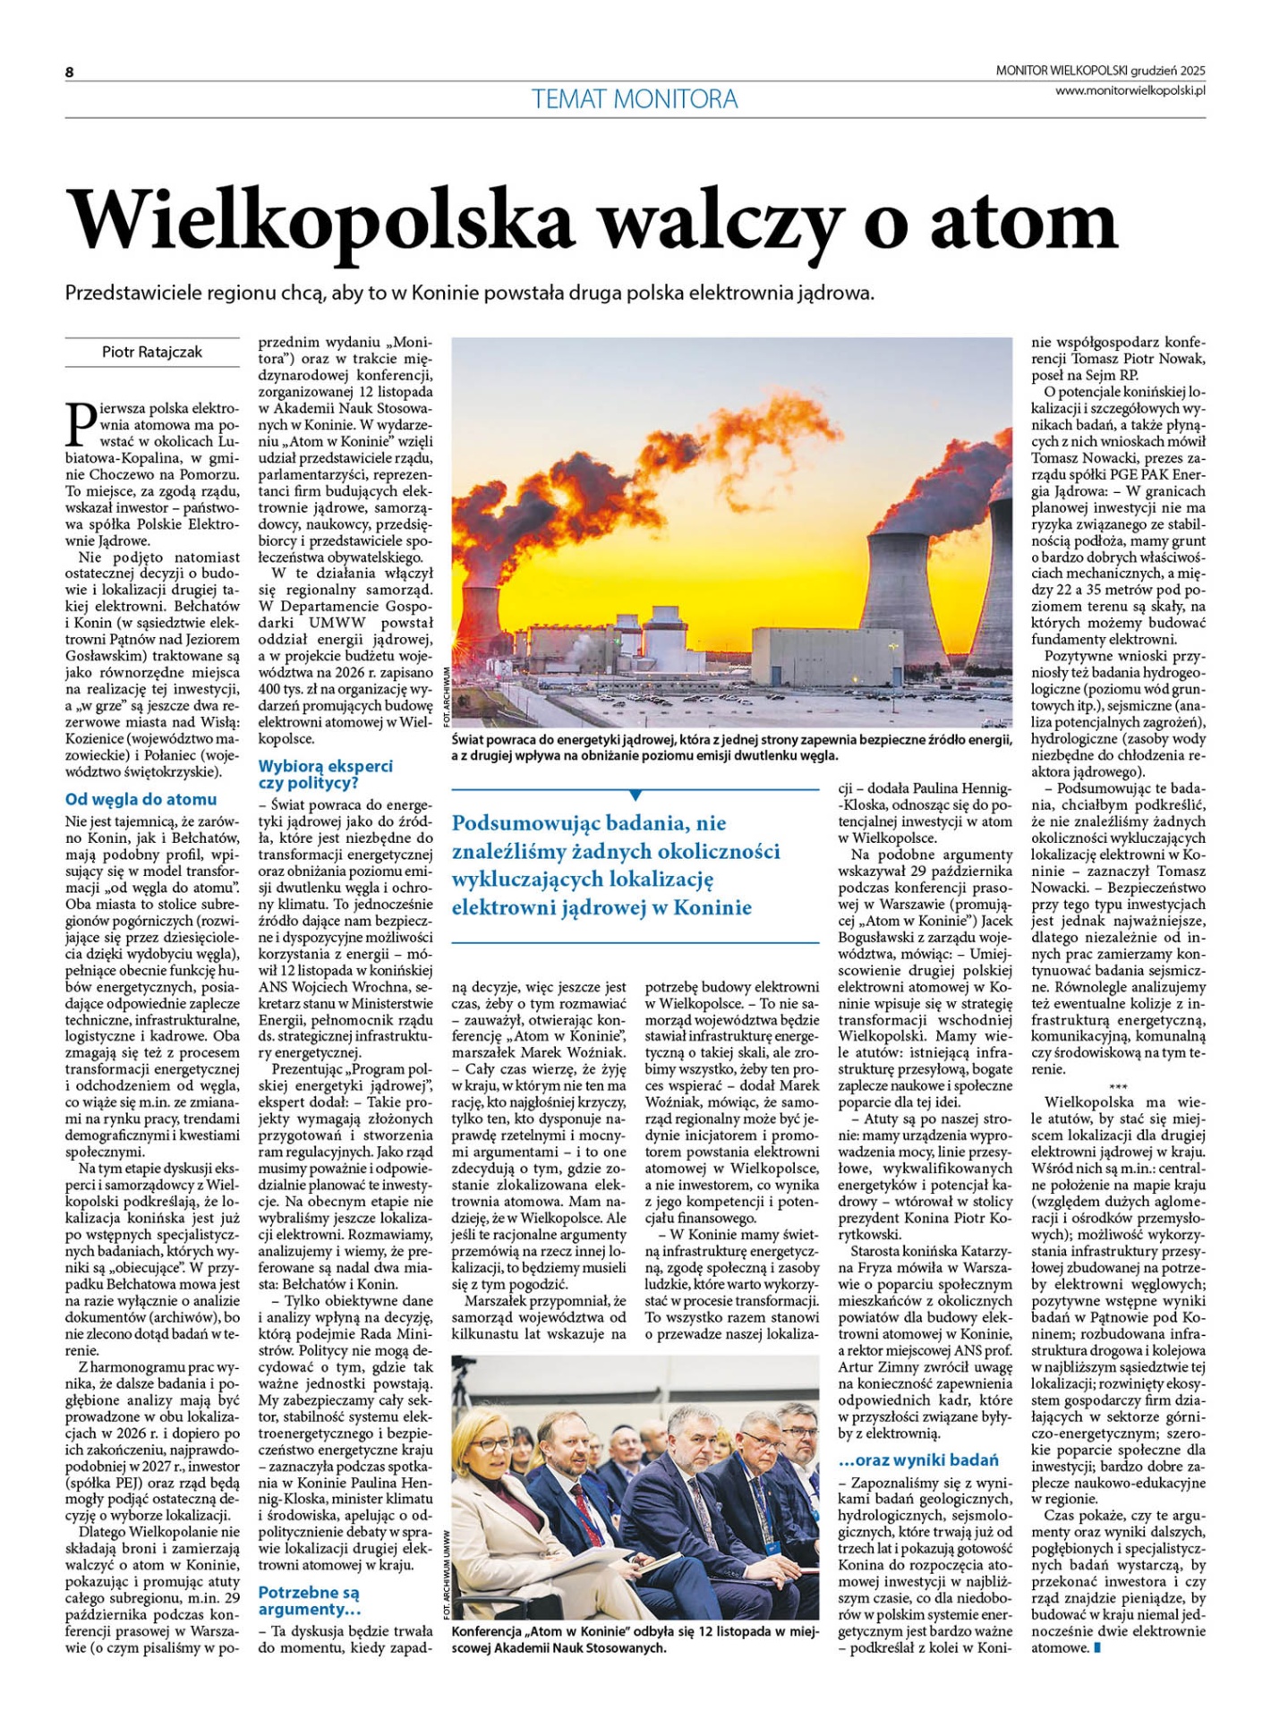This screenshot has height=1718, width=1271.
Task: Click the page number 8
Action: point(69,72)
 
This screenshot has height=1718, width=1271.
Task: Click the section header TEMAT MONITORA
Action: point(635,98)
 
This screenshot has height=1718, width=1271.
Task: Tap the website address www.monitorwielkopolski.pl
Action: point(1130,89)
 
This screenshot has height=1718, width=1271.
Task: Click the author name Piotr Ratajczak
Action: point(152,353)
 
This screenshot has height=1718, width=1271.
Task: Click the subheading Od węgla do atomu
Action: point(141,799)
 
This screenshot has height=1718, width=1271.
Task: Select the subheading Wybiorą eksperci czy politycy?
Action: point(325,774)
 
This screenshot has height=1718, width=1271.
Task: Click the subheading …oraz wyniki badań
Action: point(918,1460)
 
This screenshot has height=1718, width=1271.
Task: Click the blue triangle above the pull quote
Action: point(635,795)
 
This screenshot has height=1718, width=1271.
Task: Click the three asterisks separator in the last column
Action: point(1118,1085)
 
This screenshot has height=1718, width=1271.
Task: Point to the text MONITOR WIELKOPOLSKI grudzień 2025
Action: point(1101,71)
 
